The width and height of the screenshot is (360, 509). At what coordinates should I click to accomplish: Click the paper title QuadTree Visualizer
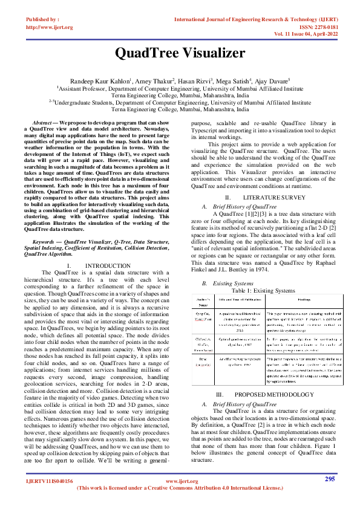point(180,53)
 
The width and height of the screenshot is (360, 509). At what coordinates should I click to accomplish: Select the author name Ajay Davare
point(273,80)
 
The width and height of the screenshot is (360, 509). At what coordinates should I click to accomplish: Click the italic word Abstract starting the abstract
point(42,123)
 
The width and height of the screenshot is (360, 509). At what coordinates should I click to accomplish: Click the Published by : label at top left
point(43,19)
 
